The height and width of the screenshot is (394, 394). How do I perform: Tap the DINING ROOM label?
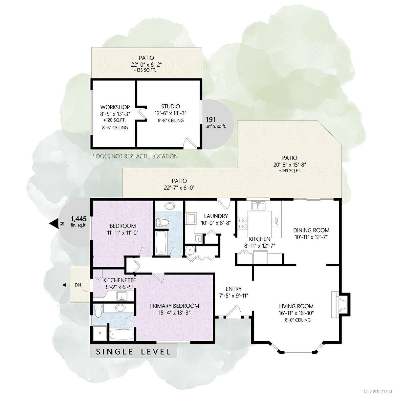[x=311, y=230]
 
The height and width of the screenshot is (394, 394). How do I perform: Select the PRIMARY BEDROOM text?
[x=174, y=306]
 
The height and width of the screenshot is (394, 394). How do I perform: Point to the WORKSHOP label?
[x=115, y=107]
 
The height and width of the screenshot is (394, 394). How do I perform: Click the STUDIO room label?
[x=170, y=106]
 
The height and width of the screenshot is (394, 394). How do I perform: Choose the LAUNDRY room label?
[x=216, y=216]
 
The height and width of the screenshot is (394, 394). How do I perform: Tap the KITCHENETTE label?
[x=120, y=280]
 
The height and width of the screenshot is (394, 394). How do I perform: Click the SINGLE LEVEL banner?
[x=133, y=352]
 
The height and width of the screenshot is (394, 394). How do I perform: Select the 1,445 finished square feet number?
[x=78, y=218]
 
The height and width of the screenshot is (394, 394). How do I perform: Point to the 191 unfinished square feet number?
[x=211, y=119]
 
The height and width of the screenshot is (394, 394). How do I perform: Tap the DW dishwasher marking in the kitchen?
[x=276, y=222]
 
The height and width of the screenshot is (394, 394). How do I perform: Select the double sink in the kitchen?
[x=258, y=206]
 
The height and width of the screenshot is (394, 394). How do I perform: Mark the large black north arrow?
[x=54, y=224]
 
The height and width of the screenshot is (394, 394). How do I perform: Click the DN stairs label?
[x=78, y=285]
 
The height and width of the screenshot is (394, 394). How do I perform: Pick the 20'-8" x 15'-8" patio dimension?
[x=290, y=165]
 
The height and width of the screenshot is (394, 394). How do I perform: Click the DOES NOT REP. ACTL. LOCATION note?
[x=135, y=156]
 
